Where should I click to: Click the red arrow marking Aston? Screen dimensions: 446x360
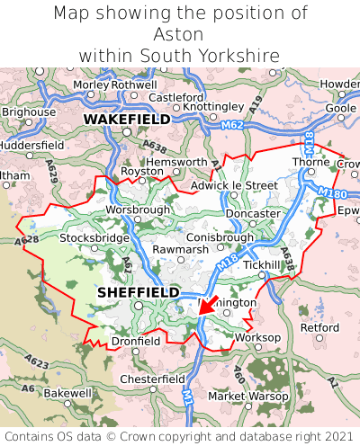[206, 306]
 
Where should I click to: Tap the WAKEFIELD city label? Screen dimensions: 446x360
[126, 119]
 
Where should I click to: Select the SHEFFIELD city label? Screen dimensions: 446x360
[138, 292]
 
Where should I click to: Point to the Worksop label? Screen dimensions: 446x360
[257, 337]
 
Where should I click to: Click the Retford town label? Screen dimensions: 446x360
[319, 327]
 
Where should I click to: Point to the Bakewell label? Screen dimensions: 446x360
[67, 393]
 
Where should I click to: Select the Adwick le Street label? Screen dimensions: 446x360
[235, 186]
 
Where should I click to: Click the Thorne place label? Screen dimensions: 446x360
[310, 162]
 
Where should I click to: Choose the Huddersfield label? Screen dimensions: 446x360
[31, 144]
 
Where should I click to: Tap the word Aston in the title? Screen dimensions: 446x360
[179, 34]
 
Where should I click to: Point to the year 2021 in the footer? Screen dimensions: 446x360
[332, 435]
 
